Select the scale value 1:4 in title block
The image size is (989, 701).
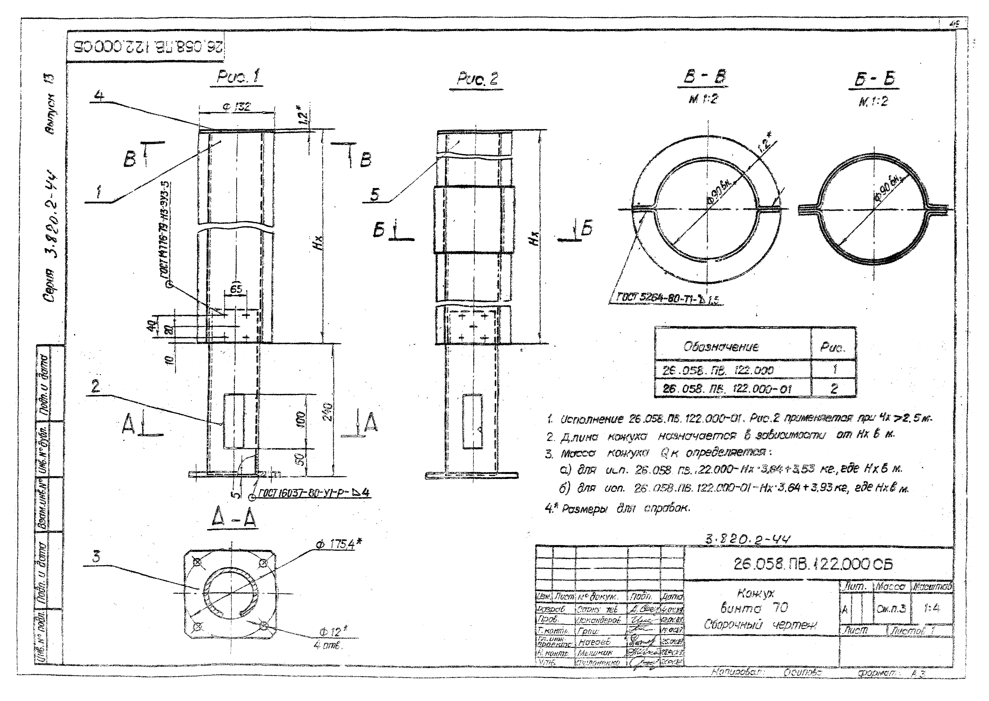(932, 608)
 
